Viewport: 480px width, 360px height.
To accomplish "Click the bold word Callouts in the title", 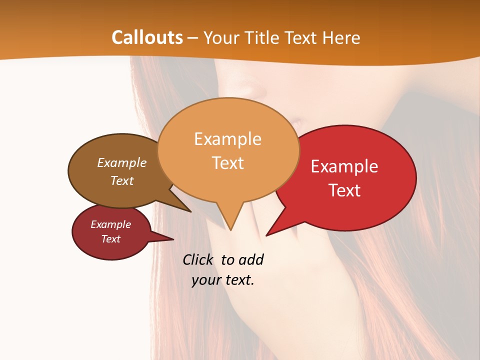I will point(147,37).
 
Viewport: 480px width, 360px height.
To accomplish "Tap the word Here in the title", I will point(341,37).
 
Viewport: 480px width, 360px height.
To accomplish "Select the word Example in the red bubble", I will point(344,166).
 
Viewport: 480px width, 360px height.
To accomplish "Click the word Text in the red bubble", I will point(344,190).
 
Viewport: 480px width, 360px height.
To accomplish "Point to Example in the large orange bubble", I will point(227,139).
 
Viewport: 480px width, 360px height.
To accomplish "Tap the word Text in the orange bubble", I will point(227,163).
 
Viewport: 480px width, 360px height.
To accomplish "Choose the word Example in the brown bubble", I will point(122,162).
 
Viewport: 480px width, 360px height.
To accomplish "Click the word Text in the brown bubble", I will point(122,180).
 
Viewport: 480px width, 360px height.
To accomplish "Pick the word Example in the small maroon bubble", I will point(111,224).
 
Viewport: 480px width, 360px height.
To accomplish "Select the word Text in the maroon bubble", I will point(111,239).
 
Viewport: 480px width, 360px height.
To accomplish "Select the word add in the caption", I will point(251,260).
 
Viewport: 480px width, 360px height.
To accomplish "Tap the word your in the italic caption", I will point(205,280).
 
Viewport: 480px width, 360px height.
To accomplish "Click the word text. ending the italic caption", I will point(238,280).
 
